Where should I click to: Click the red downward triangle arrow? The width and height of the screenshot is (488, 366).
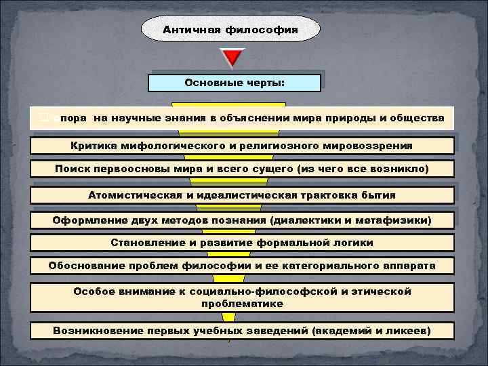[233, 58]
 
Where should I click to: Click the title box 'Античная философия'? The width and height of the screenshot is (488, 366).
[230, 30]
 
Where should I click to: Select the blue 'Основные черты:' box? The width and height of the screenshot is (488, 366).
[235, 83]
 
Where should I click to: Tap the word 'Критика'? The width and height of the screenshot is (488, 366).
[91, 146]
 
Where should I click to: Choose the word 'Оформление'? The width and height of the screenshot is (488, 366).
[83, 220]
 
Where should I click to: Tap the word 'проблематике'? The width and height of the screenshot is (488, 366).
[242, 304]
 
